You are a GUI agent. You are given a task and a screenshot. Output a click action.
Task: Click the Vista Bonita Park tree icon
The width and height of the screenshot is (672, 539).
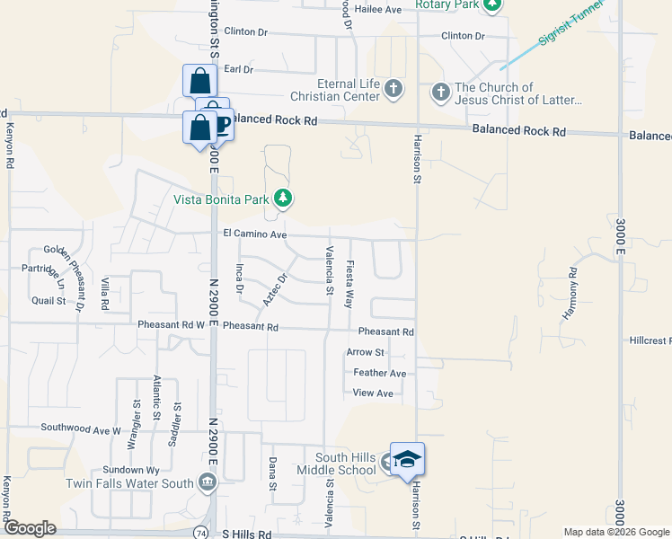click(x=283, y=198)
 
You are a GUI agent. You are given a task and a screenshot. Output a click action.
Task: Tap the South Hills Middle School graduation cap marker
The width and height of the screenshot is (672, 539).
click(x=406, y=459)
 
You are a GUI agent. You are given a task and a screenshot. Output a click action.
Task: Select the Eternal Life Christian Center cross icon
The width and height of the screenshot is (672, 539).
click(x=393, y=89)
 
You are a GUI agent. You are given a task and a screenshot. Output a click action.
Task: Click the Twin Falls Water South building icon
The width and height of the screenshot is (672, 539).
click(x=208, y=483)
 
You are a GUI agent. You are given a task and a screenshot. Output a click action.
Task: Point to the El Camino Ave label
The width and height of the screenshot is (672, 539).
click(x=254, y=234)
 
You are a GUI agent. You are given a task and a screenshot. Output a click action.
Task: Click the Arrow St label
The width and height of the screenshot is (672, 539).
click(x=366, y=352)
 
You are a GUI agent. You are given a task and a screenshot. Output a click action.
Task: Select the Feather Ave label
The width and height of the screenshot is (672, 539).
click(x=380, y=373)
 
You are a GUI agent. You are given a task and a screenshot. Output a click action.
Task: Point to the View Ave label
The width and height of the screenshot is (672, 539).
click(x=373, y=393)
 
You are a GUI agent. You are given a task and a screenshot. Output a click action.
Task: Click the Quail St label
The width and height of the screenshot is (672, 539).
click(x=49, y=301)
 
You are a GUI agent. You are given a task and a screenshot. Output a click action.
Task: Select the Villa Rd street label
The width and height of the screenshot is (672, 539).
click(x=105, y=294)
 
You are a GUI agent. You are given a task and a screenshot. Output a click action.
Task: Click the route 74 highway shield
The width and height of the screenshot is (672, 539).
click(x=198, y=533)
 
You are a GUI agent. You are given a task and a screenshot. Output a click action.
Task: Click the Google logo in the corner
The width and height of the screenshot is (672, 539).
click(x=30, y=528)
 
